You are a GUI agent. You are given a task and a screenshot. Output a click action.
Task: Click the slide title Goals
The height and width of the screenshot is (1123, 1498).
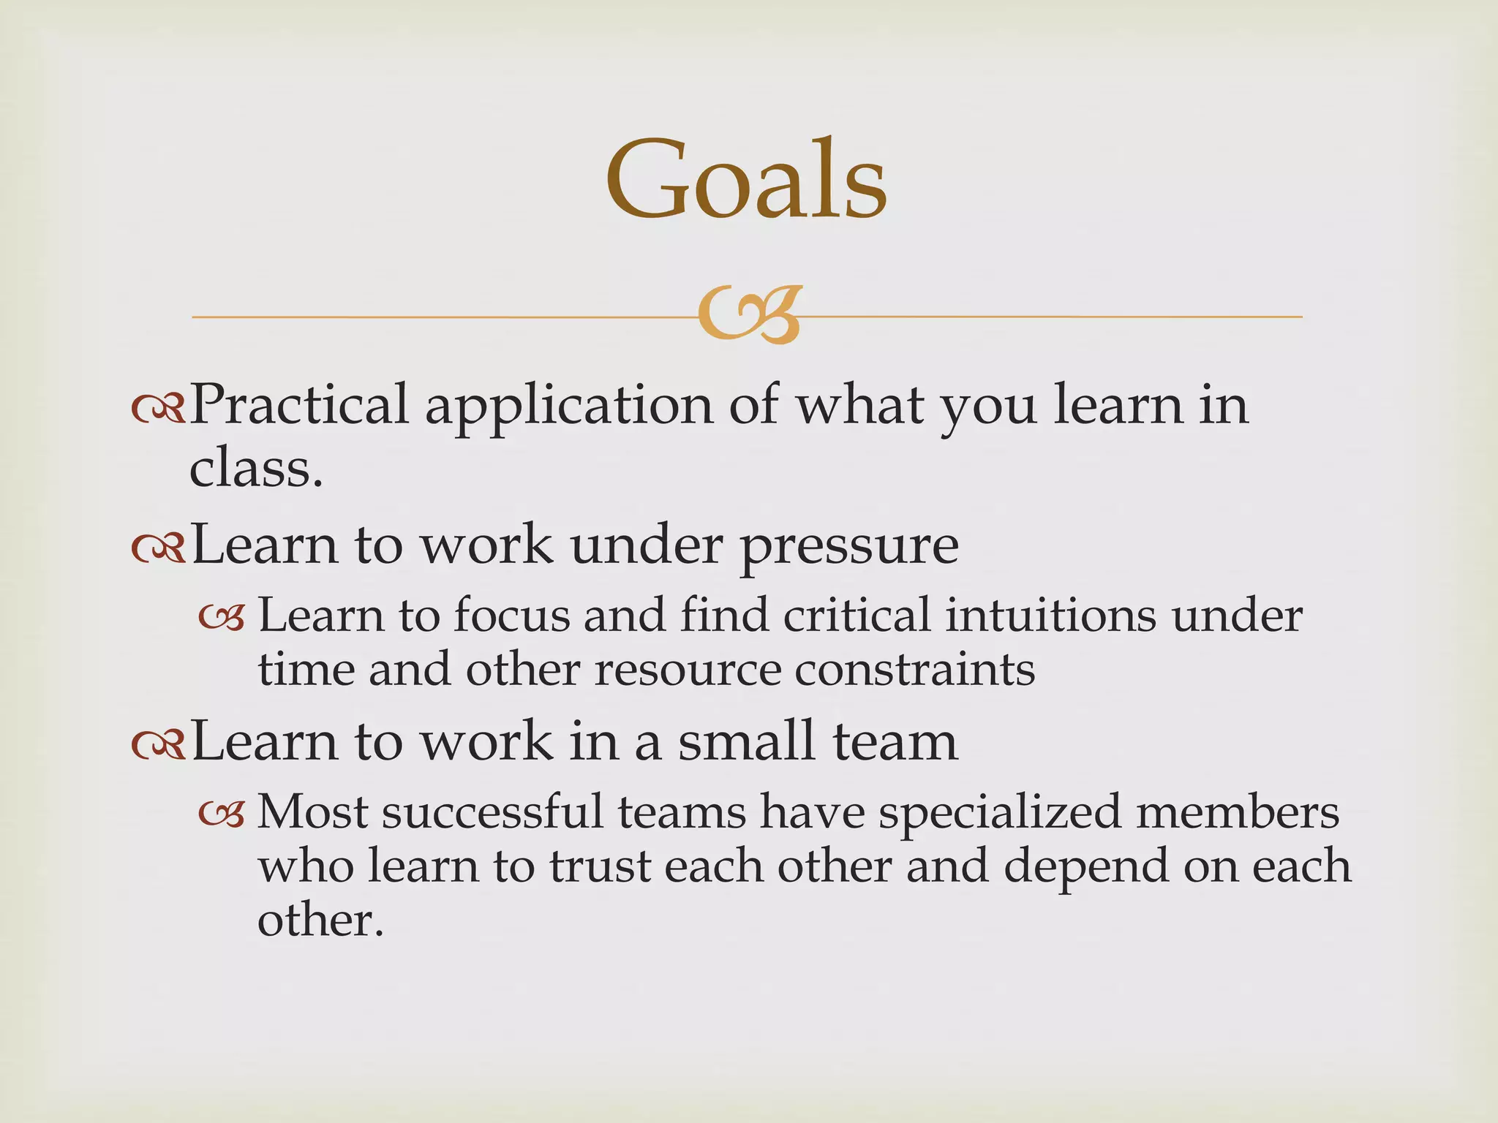click(746, 180)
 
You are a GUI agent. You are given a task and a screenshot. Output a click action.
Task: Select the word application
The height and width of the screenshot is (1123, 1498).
click(568, 407)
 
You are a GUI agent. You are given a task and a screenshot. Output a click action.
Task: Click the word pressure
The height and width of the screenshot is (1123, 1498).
click(848, 547)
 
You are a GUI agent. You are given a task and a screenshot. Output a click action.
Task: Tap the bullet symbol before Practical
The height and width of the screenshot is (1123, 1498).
click(159, 412)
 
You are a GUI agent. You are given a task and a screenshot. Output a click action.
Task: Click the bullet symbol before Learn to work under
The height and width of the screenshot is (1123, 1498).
click(159, 551)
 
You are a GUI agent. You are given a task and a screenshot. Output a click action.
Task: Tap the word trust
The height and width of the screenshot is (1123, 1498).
click(600, 866)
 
